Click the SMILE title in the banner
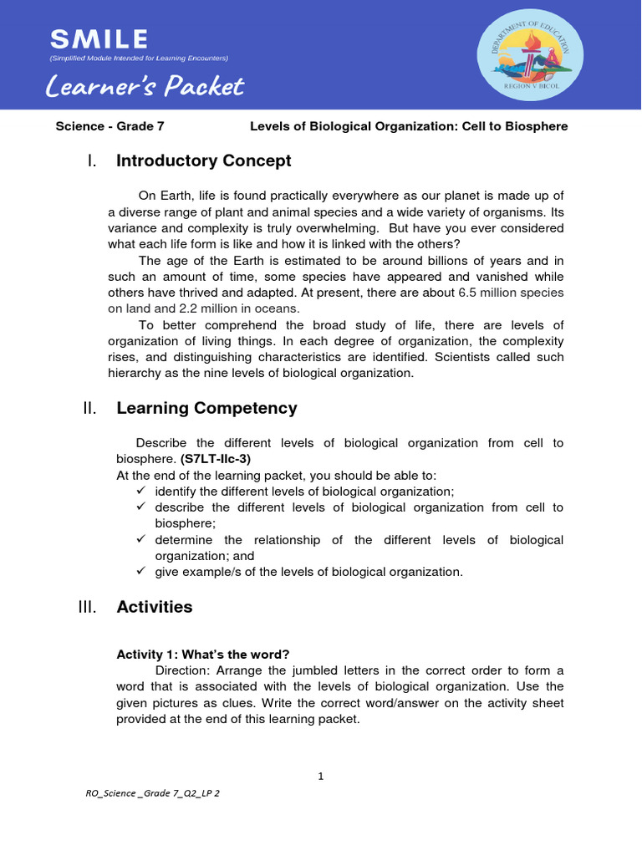pos(99,38)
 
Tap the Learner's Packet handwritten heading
pos(145,86)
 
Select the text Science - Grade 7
pos(104,126)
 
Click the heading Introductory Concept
pos(203,160)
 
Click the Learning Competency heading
pos(206,408)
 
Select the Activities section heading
pos(154,607)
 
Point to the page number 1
pos(320,776)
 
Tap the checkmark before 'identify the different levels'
pos(140,491)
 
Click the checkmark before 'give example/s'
pos(140,571)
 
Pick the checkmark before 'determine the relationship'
pos(140,539)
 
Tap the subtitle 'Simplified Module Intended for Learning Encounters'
pos(139,58)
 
